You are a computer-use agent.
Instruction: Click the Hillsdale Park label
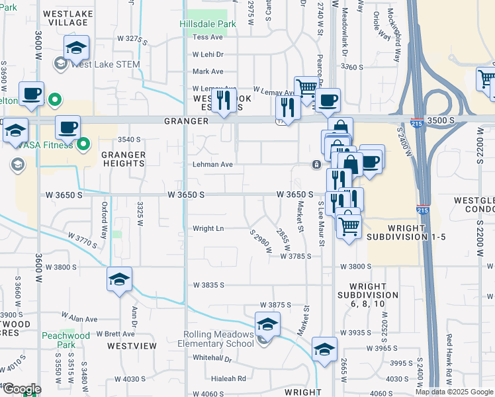point(207,24)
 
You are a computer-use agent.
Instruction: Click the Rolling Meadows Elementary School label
point(216,339)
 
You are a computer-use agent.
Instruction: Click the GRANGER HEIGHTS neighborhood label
point(123,159)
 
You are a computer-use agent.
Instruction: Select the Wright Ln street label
point(208,229)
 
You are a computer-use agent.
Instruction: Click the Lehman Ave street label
point(212,164)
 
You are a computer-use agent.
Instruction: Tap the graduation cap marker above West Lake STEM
point(77,48)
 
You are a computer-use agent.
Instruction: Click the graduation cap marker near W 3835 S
point(119,280)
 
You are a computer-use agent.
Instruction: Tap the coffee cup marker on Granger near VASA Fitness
point(67,128)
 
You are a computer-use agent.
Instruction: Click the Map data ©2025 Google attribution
point(453,392)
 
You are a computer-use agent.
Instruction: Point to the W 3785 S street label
point(295,256)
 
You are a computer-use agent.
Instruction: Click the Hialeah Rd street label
point(210,379)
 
